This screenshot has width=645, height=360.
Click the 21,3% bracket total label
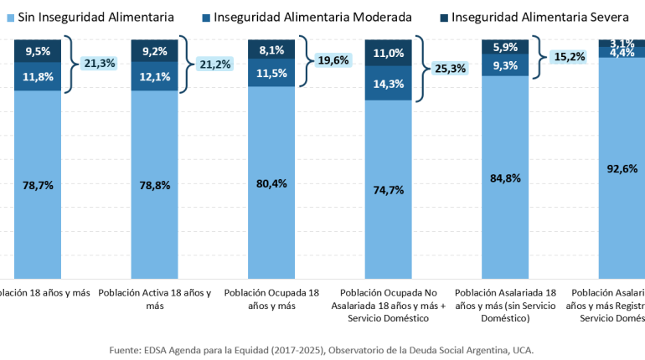tap(101, 62)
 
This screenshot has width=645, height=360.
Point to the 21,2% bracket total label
tap(217, 63)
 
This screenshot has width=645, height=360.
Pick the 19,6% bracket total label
tap(333, 59)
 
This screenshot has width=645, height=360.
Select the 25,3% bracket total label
tap(450, 69)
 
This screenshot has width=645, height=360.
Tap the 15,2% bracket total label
tap(566, 57)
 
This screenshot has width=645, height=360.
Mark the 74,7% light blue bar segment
tap(388, 189)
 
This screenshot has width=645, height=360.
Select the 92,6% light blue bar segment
tap(621, 167)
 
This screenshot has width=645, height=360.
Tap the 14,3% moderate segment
tap(388, 84)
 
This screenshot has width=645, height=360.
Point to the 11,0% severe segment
tap(388, 53)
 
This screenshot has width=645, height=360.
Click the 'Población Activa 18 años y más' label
tap(154, 300)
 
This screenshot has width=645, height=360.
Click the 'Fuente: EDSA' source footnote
tap(322, 349)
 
